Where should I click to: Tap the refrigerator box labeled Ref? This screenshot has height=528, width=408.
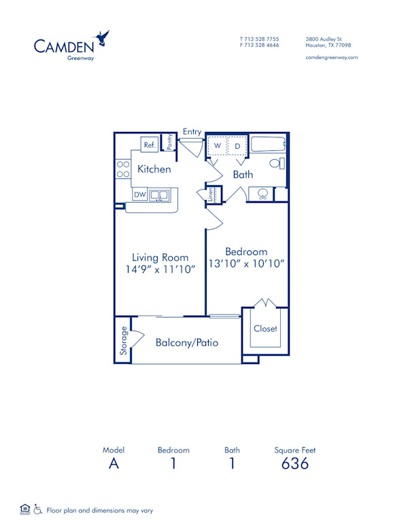click(x=150, y=145)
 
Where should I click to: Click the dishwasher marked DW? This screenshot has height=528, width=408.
click(x=139, y=195)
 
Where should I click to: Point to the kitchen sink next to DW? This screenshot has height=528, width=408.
click(x=160, y=195)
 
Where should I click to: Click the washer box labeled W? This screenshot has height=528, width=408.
click(x=218, y=146)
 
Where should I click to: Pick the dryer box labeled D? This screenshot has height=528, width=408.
click(x=237, y=146)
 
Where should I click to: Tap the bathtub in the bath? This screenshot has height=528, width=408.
click(x=267, y=144)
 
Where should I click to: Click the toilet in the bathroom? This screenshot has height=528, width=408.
click(x=276, y=163)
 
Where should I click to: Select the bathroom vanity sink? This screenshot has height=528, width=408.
click(x=262, y=194)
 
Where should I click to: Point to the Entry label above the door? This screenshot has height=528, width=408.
click(x=192, y=131)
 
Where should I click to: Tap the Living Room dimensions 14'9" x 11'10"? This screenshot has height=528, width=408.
click(x=160, y=269)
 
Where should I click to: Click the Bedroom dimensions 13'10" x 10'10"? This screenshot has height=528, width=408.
click(x=246, y=263)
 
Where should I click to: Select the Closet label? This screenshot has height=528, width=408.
click(x=265, y=329)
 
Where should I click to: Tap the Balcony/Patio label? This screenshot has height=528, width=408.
click(x=187, y=342)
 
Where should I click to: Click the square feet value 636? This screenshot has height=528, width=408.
click(x=294, y=463)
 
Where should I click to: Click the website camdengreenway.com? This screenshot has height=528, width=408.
click(x=332, y=58)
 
